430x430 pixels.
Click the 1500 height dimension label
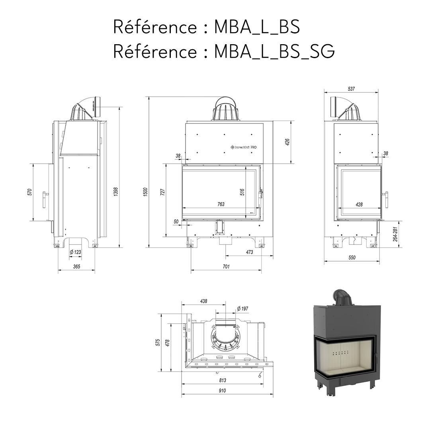pos(146,192)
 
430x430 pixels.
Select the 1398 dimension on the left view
pos(115,192)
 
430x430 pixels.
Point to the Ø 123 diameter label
pos(75,252)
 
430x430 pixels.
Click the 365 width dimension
pos(76,266)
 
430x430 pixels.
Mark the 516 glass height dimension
pos(242,192)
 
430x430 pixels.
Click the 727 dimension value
pos(162,192)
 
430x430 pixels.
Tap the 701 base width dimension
pos(226,266)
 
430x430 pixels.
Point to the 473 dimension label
pos(250,252)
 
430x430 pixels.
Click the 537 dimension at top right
pos(351,89)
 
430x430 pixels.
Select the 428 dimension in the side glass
pos(359,204)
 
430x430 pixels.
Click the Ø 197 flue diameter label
pos(242,309)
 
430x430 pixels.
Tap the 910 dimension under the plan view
pos(222,391)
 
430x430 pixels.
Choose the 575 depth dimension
pos(158,342)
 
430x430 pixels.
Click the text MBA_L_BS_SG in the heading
pos(274,51)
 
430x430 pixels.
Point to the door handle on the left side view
pos(45,199)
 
